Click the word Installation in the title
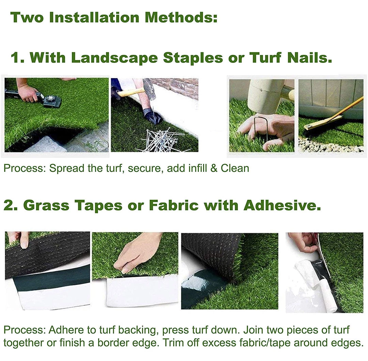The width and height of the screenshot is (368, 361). coord(95,17)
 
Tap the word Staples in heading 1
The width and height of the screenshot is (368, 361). coord(193,58)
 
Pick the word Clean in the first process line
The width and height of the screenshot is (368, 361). coord(235,168)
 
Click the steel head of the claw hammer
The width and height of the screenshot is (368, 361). coord(149,88)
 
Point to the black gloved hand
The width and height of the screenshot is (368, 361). coord(152,116)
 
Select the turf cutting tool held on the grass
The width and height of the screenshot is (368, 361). coord(51,100)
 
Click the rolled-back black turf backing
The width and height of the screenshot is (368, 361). coord(211,252)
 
